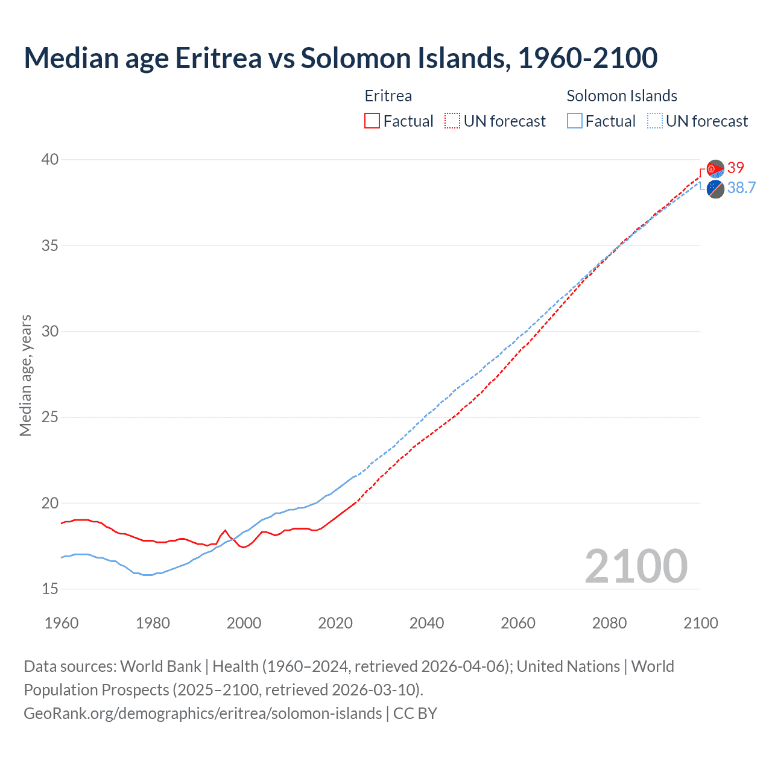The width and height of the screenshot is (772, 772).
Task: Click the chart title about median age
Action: pos(340,58)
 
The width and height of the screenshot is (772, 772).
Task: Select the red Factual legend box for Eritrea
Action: pos(372,121)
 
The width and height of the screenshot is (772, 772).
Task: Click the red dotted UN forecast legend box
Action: pos(452,121)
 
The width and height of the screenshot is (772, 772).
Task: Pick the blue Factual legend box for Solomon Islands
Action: pos(575,121)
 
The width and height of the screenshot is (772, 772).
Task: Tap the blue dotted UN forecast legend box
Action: pos(654,121)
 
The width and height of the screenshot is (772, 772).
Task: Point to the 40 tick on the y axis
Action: pos(50,160)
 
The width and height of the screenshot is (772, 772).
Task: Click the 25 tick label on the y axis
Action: pos(50,417)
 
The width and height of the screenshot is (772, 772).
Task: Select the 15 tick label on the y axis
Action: pos(50,589)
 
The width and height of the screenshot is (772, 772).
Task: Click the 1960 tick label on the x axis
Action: pos(62,623)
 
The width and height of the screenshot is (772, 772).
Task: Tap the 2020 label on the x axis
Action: pos(335,623)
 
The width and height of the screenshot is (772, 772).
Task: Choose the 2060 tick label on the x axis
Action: pos(518,623)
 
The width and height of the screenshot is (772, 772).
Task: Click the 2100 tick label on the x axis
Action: pos(700,623)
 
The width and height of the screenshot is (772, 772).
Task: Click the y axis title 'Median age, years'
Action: pos(25,375)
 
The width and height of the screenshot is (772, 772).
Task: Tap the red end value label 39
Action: pos(736,168)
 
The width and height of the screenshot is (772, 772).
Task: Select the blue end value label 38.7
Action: pos(741,188)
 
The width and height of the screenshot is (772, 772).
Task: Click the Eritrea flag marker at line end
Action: pos(715,169)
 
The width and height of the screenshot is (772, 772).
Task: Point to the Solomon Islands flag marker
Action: pos(715,189)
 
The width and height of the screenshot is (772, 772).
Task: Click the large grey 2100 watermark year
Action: pos(636,566)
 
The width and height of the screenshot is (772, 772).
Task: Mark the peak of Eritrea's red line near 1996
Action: pos(225,531)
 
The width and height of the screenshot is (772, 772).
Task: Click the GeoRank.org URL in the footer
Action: pos(202,713)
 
